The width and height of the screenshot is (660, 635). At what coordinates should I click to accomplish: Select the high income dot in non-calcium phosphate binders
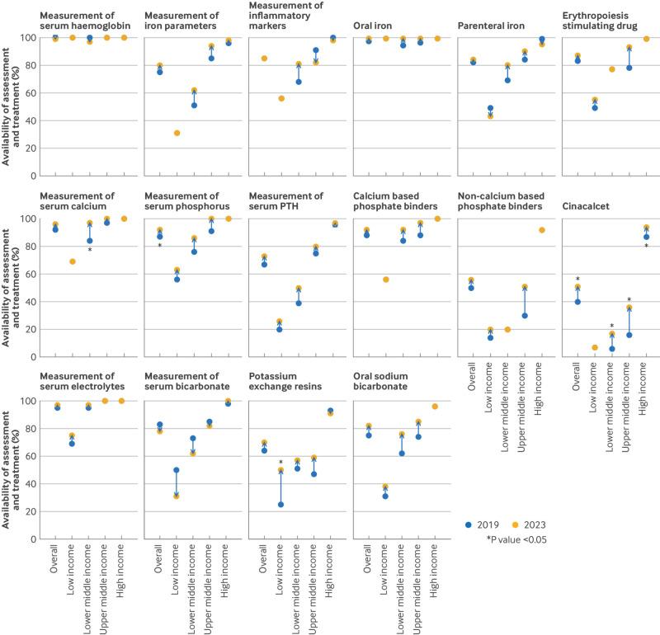(x=542, y=229)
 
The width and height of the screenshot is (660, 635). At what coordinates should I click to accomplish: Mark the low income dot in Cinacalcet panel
(x=594, y=347)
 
